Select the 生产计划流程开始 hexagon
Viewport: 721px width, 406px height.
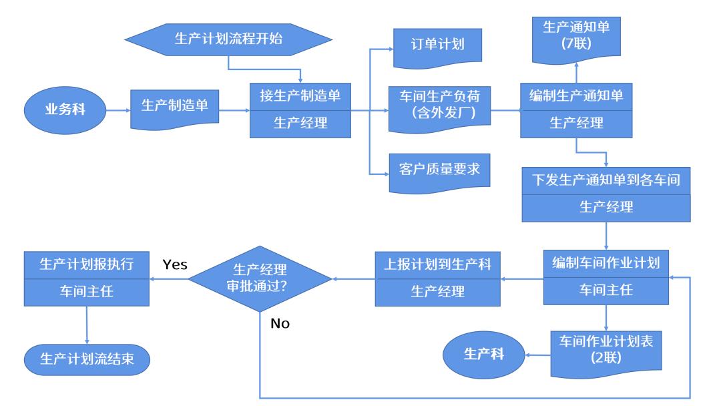tap(228, 39)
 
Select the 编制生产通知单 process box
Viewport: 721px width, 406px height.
tap(575, 111)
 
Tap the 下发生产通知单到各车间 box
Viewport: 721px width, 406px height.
tap(606, 194)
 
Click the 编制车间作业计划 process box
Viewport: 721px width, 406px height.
tap(606, 277)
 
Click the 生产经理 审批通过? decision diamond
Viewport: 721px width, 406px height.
tap(260, 278)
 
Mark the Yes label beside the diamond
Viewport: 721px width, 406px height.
tap(174, 264)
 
